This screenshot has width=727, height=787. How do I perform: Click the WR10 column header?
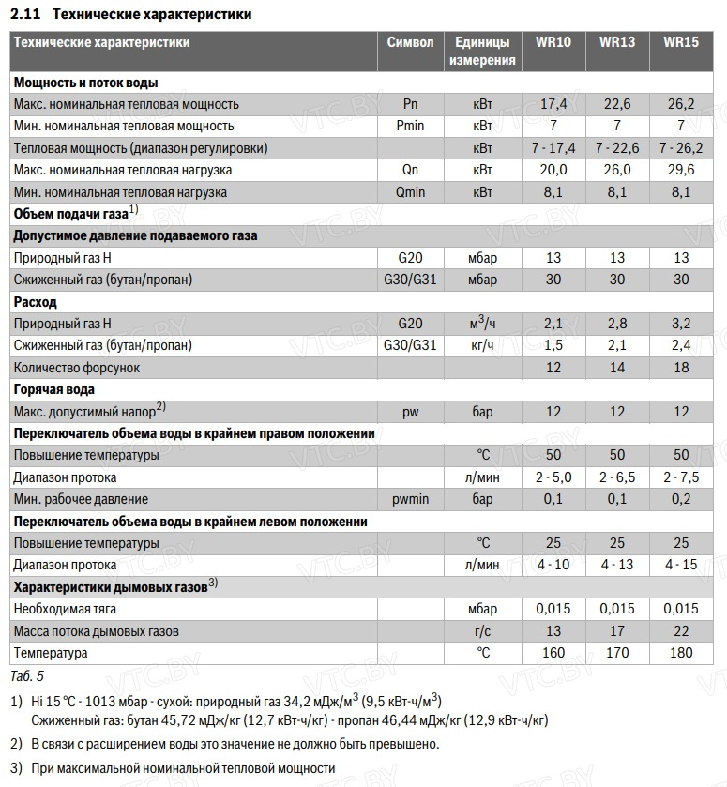(553, 42)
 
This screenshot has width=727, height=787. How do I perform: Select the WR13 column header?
(617, 42)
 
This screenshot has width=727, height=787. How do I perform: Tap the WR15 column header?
(681, 42)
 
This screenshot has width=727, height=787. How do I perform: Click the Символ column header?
(410, 42)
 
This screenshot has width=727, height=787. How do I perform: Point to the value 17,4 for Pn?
(553, 104)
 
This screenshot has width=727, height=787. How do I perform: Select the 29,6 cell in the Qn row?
(681, 170)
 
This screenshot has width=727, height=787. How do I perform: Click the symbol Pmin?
(410, 126)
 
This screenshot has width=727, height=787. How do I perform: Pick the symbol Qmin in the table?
(410, 192)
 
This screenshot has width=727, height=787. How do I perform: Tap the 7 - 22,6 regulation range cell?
(617, 148)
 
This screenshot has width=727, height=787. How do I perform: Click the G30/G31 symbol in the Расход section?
(410, 345)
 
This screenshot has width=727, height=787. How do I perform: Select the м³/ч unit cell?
(482, 324)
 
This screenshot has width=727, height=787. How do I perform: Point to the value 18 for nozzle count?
(681, 368)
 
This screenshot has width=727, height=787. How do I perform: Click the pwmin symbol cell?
(410, 499)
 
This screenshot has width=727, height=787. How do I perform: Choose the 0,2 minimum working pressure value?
(681, 499)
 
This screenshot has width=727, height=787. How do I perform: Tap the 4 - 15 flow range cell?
(681, 565)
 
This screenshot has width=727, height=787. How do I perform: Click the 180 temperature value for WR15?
(681, 652)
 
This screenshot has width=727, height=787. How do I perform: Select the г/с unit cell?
(482, 630)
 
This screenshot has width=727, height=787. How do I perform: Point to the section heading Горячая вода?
(53, 389)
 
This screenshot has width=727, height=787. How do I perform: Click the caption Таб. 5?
(27, 674)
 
